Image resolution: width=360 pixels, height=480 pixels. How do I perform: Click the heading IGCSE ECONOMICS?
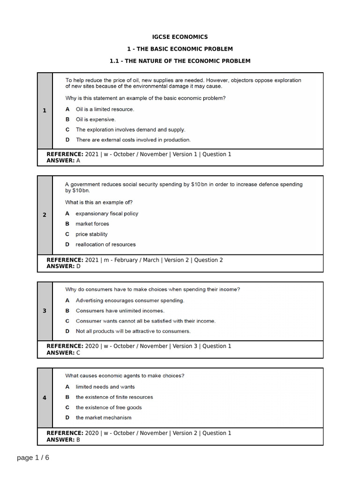click(180, 37)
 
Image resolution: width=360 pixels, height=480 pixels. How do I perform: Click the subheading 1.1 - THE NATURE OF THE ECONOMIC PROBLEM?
click(180, 61)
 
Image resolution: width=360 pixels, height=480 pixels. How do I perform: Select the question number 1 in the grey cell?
click(45, 111)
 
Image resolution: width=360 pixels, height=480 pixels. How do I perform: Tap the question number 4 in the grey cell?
click(45, 397)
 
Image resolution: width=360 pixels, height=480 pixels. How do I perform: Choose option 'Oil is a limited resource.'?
click(105, 109)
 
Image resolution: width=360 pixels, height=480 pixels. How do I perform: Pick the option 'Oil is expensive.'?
click(96, 120)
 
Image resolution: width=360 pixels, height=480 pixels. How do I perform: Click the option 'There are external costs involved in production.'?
click(133, 140)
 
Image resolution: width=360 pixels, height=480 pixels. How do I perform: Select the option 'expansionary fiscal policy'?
click(107, 213)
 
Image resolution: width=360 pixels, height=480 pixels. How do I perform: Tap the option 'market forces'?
click(92, 224)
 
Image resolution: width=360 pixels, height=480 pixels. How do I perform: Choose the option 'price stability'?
click(91, 234)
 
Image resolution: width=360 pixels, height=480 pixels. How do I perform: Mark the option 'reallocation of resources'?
click(105, 244)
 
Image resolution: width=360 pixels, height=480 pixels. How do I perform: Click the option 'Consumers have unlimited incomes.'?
click(120, 311)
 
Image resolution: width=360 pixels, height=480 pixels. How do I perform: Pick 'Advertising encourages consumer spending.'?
click(130, 300)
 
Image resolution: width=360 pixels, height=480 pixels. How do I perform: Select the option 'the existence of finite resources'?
click(114, 397)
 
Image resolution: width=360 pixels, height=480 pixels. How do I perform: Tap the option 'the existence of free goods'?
click(109, 407)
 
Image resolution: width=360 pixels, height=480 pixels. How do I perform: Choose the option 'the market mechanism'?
click(104, 418)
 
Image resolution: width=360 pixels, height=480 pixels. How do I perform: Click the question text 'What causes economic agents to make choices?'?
click(125, 375)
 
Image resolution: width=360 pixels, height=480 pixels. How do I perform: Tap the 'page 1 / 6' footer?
click(33, 457)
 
